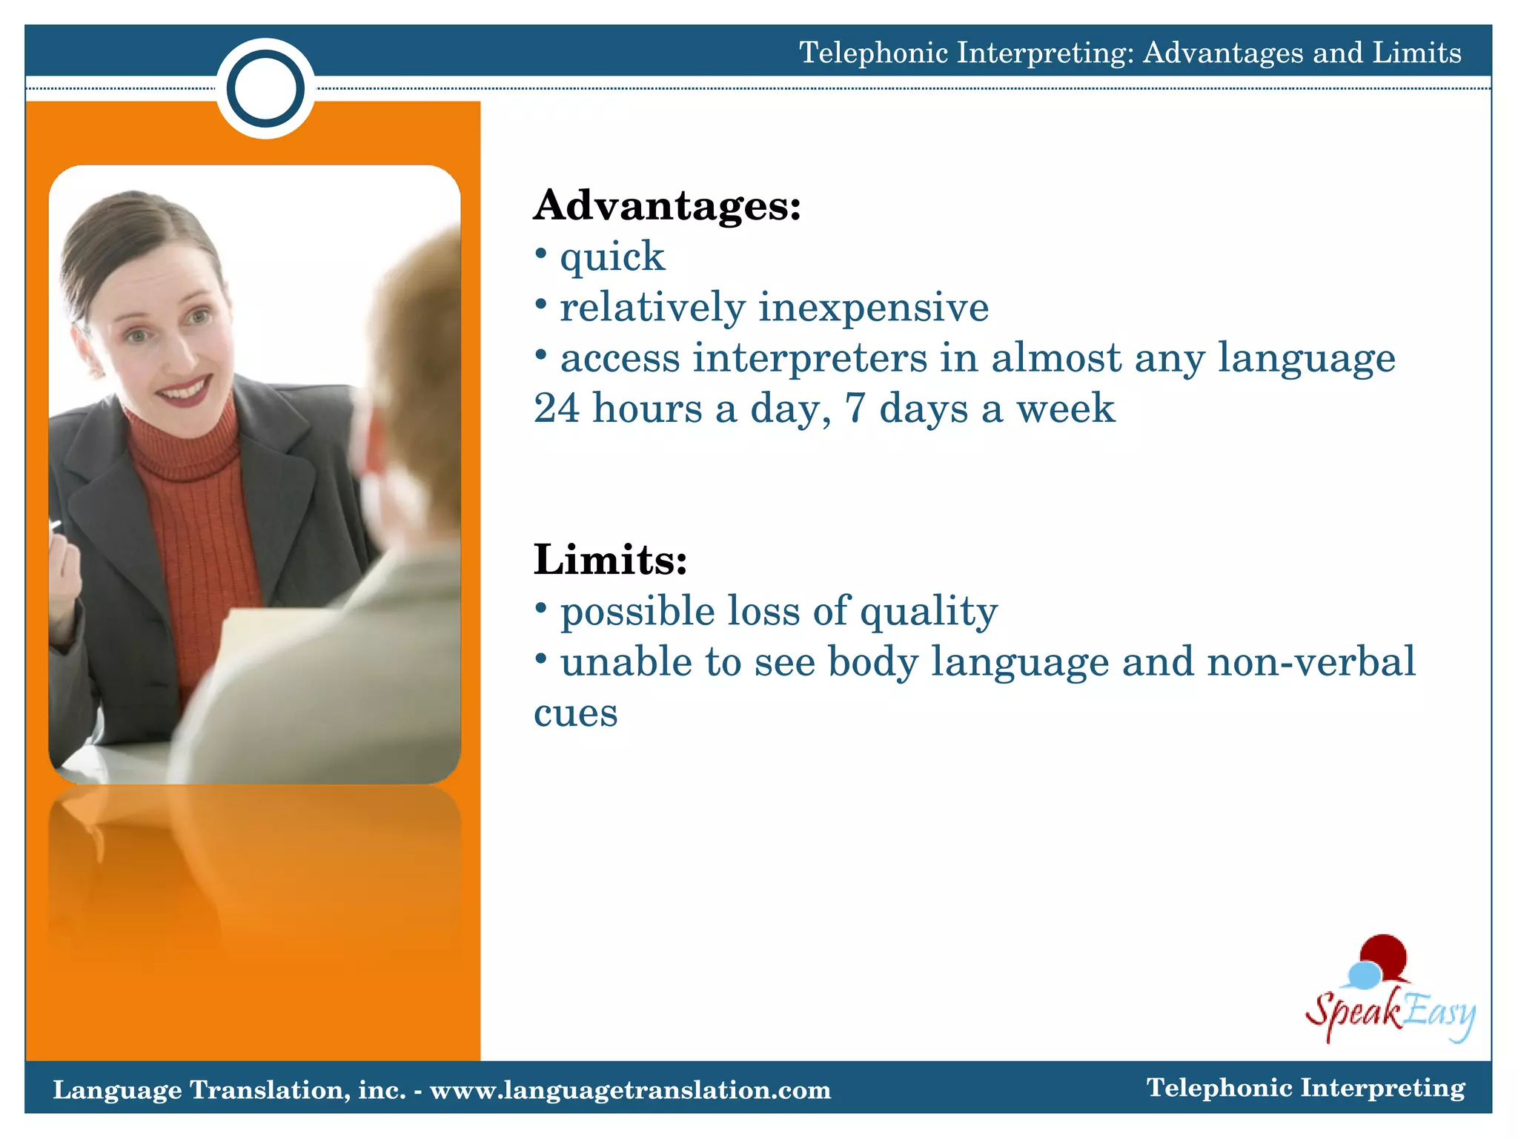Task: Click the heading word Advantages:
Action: click(x=667, y=205)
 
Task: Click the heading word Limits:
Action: click(x=610, y=560)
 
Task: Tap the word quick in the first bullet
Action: click(x=612, y=258)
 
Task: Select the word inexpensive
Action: click(x=873, y=308)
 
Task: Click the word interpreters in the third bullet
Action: click(x=809, y=358)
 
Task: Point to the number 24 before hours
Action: click(x=557, y=409)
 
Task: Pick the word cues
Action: click(x=575, y=713)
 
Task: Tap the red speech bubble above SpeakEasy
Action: click(x=1385, y=956)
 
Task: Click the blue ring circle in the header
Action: click(x=265, y=89)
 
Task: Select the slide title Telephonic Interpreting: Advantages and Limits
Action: click(x=1130, y=53)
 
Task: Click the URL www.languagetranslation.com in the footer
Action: click(x=630, y=1090)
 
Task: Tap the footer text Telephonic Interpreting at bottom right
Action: click(x=1305, y=1088)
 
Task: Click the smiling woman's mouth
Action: click(x=184, y=391)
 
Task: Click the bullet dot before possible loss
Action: click(x=541, y=608)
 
